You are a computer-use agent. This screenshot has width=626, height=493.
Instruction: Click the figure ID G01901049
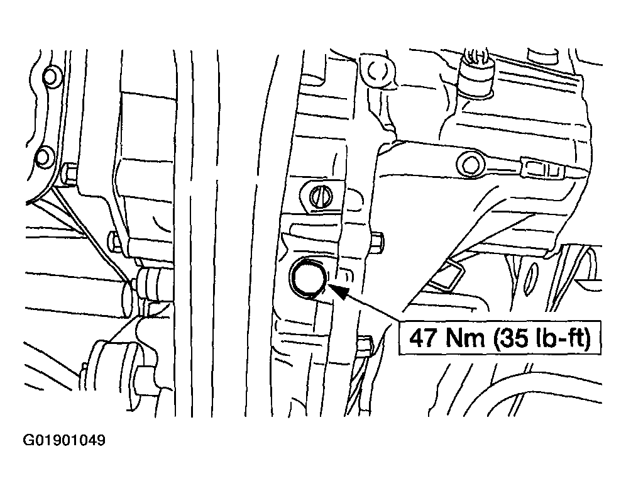64,440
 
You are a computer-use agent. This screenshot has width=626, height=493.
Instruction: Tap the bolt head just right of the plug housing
377,241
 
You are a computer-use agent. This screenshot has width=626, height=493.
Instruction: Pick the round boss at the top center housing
375,72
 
